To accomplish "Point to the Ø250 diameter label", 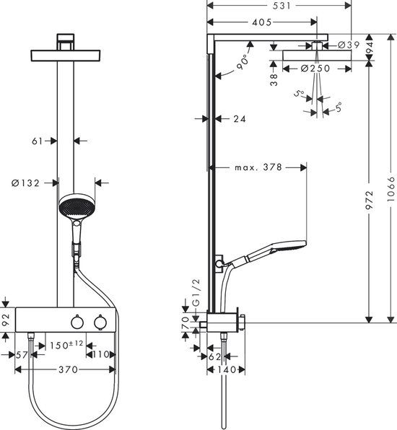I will [x=316, y=69].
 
